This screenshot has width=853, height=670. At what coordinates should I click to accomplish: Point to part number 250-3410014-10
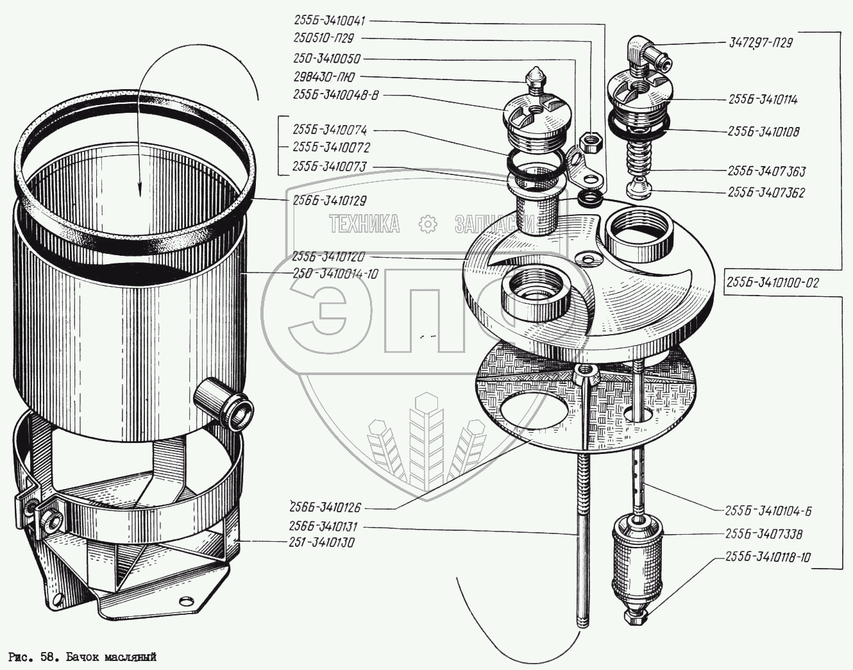click(335, 274)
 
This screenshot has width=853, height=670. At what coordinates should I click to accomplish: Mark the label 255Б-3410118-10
click(768, 557)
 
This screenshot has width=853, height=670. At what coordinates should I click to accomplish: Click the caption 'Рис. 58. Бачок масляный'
click(82, 658)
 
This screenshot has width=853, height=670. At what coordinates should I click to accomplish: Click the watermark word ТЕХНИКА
click(364, 224)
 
